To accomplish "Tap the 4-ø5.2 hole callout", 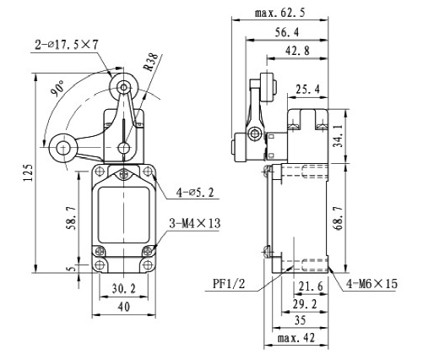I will click(x=193, y=193).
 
